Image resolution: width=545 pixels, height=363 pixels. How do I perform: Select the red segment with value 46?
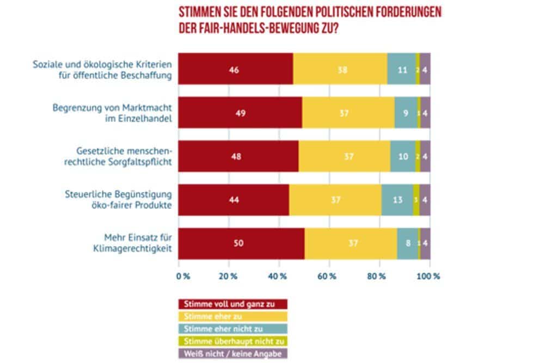tap(236, 69)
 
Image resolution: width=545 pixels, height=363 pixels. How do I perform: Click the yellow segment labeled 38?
tap(340, 69)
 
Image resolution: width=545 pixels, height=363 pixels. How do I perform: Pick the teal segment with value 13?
tap(397, 200)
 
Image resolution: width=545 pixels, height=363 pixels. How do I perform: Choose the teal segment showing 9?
tap(406, 113)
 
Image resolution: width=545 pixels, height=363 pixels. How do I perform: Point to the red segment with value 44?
tap(234, 200)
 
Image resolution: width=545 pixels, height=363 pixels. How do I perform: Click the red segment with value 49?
tap(240, 113)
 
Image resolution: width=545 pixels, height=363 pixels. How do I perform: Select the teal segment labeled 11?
tap(401, 69)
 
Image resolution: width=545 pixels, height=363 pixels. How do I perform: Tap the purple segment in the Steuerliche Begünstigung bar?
tap(425, 200)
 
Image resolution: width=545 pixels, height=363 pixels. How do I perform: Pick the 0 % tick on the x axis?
tap(183, 276)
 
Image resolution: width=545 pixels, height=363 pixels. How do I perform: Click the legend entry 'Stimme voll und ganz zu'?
tap(233, 304)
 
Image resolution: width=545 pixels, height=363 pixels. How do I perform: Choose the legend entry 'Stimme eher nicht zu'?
tap(233, 328)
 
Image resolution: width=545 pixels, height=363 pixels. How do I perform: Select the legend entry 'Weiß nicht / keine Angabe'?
tap(233, 353)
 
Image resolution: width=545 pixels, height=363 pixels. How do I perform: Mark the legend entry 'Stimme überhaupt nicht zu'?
tap(233, 341)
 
